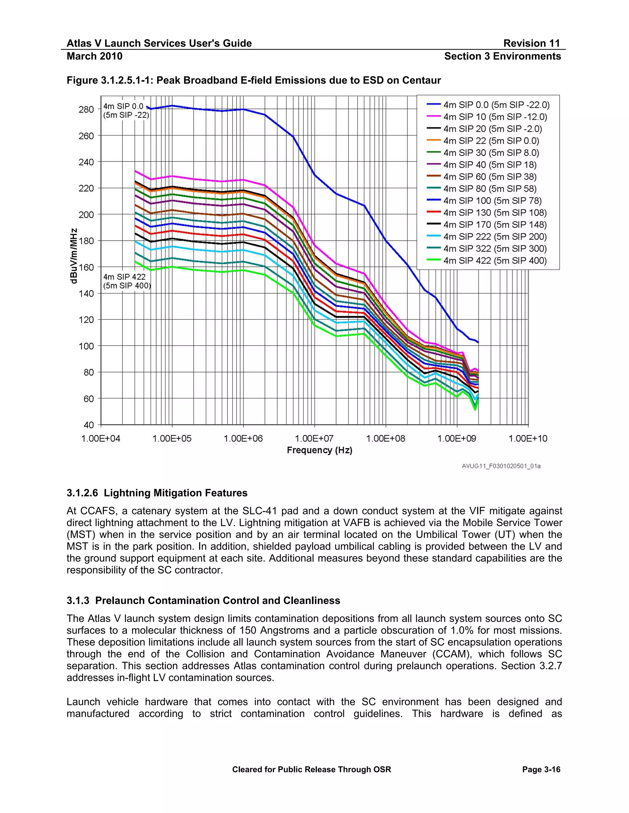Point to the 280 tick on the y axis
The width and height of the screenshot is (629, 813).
click(86, 110)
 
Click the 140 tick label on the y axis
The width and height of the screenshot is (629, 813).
click(86, 293)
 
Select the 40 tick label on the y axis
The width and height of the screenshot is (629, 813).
click(89, 425)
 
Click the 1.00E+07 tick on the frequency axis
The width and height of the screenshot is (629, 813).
click(314, 438)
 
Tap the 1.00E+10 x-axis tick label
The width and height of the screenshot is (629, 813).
click(528, 438)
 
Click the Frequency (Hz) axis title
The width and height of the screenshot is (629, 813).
click(319, 450)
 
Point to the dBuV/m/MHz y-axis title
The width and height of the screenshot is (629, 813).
click(74, 256)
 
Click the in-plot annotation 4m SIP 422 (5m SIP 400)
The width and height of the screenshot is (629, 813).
click(127, 281)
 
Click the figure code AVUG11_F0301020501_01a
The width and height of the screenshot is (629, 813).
click(501, 466)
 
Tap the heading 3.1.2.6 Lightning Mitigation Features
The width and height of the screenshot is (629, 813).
click(157, 493)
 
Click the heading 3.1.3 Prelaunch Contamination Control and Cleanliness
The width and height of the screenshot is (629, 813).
click(203, 600)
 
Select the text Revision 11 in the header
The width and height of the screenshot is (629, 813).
click(531, 43)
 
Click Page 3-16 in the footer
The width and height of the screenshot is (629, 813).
click(541, 769)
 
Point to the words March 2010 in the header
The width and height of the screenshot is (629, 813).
click(94, 56)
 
